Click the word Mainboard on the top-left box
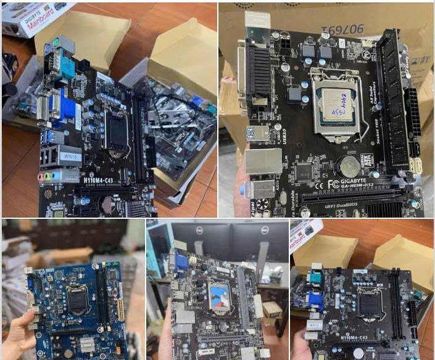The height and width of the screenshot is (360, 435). coord(39,17)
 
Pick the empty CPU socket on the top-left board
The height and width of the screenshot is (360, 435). coord(117,129)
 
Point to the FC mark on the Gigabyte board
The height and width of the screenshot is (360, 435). coord(333,183)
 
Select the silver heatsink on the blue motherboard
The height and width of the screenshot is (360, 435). coord(88,343)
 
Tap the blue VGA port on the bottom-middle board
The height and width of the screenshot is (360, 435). coord(181,261)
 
